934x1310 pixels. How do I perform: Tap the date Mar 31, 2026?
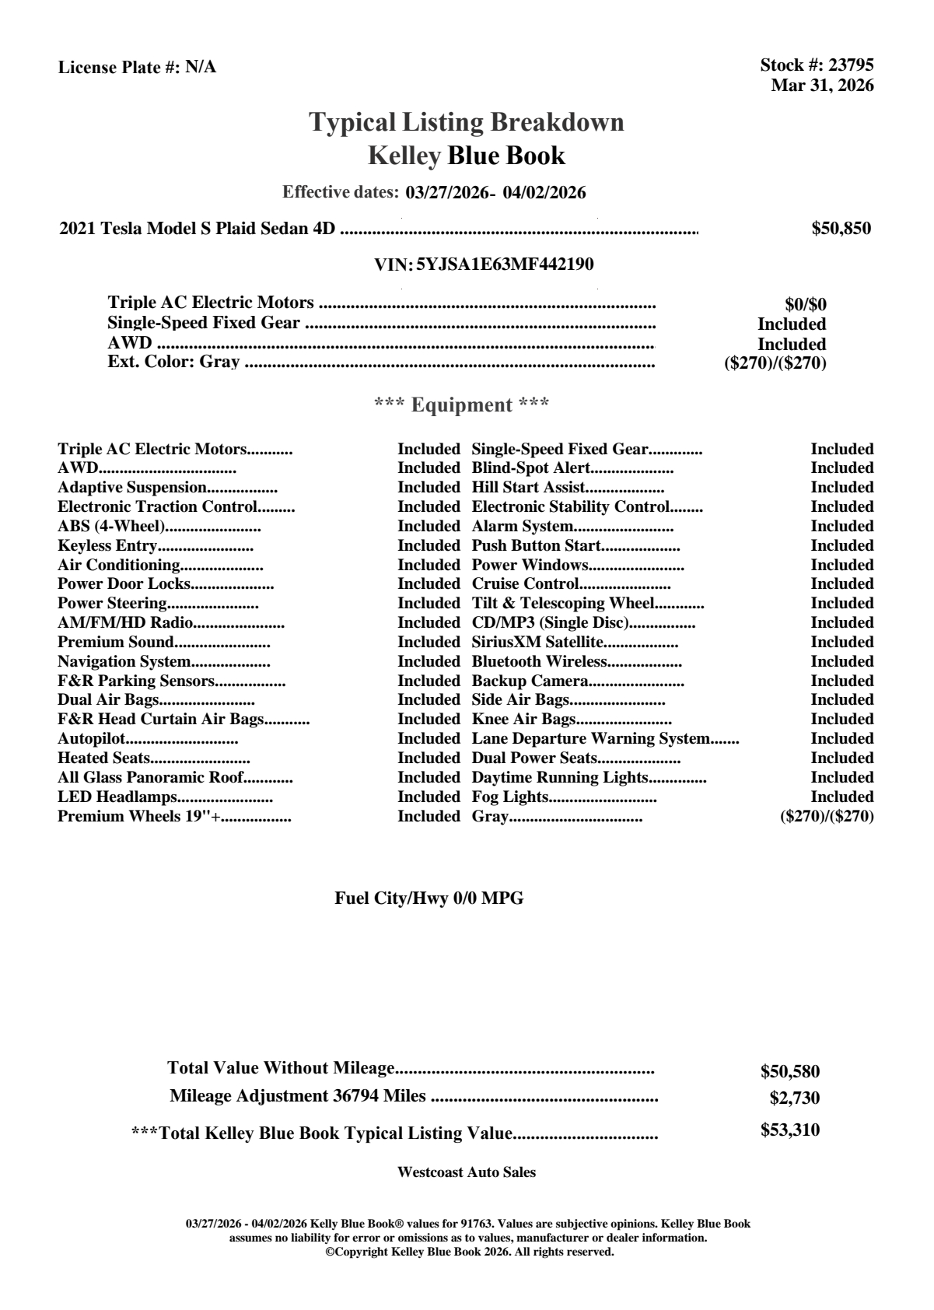tap(822, 86)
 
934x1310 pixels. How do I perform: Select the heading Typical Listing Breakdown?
tap(467, 122)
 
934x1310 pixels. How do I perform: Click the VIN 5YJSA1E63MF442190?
tap(505, 264)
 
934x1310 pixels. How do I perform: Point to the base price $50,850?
tap(841, 229)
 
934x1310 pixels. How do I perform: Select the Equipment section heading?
tap(462, 405)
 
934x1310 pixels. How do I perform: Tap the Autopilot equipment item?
tap(92, 739)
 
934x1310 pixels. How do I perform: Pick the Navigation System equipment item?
tap(124, 662)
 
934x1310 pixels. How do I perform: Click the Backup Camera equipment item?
tap(530, 681)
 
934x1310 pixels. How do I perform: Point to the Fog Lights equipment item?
tap(510, 797)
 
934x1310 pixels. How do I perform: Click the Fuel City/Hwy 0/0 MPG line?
tap(429, 898)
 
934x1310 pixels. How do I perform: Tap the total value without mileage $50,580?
tap(790, 1072)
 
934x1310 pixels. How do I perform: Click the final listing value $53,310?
tap(790, 1130)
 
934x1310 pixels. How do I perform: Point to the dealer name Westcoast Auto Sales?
tap(467, 1172)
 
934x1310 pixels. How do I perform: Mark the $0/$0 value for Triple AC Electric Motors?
tap(806, 305)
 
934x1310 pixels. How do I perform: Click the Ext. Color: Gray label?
tap(173, 362)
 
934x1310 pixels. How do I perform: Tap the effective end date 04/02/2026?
tap(544, 193)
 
